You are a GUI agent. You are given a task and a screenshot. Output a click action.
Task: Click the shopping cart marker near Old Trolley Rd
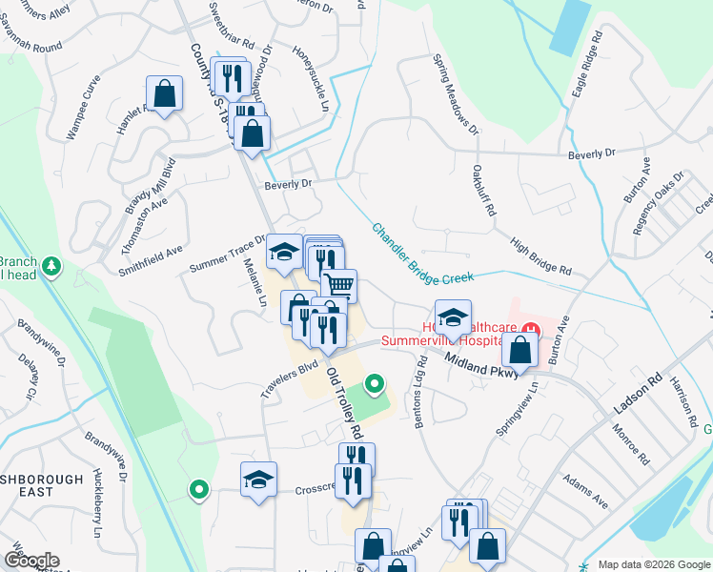(x=339, y=283)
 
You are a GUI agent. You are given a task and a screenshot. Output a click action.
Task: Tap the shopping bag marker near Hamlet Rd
(x=165, y=94)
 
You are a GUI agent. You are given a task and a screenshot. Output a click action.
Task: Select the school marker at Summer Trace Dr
(x=283, y=252)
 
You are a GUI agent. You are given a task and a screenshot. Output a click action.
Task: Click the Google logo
(x=31, y=561)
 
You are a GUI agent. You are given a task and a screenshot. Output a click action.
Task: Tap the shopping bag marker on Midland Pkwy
(x=520, y=350)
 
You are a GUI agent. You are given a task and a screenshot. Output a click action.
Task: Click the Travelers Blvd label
(x=288, y=379)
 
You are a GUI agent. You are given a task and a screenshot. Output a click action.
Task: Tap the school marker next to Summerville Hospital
(x=454, y=317)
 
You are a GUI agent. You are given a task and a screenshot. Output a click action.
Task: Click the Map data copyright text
(x=654, y=564)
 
